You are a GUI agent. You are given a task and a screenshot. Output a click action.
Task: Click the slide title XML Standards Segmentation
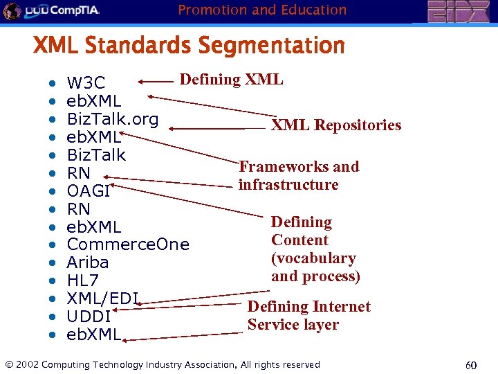189,46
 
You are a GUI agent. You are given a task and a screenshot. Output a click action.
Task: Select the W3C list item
86,84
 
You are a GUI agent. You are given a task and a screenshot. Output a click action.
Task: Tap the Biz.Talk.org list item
112,119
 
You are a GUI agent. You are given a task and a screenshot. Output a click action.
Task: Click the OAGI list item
88,191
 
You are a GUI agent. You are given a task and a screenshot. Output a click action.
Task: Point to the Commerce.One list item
127,244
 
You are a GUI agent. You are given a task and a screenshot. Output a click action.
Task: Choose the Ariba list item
88,262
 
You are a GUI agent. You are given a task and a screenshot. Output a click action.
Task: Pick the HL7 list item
82,280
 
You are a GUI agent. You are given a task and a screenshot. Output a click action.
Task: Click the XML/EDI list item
102,299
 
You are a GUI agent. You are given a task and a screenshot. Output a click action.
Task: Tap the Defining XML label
231,79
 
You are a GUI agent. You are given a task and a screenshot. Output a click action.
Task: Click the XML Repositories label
335,125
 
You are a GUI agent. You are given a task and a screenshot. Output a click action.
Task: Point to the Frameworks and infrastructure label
298,175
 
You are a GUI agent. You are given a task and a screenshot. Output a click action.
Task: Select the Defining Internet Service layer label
308,315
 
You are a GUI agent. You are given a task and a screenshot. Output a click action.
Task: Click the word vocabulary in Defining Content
313,258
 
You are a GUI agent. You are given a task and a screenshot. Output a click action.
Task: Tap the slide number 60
471,365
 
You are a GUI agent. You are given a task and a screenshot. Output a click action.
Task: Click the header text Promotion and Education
262,10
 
